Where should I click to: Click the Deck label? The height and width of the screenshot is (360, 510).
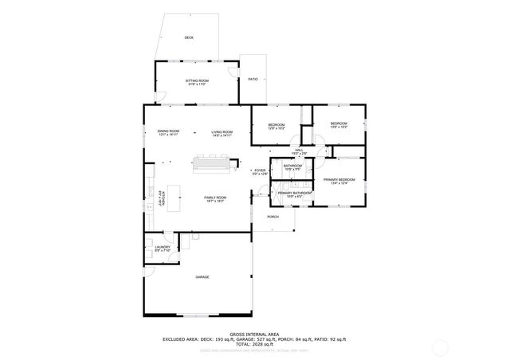click(189, 37)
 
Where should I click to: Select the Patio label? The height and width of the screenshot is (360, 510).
click(253, 79)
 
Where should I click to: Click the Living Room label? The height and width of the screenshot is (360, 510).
click(222, 133)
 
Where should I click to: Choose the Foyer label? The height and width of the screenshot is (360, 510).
click(260, 171)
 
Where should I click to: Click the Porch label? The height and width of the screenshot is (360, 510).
click(273, 217)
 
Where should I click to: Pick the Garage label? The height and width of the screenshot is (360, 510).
click(203, 276)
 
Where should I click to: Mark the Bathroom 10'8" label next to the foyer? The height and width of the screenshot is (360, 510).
click(292, 167)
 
